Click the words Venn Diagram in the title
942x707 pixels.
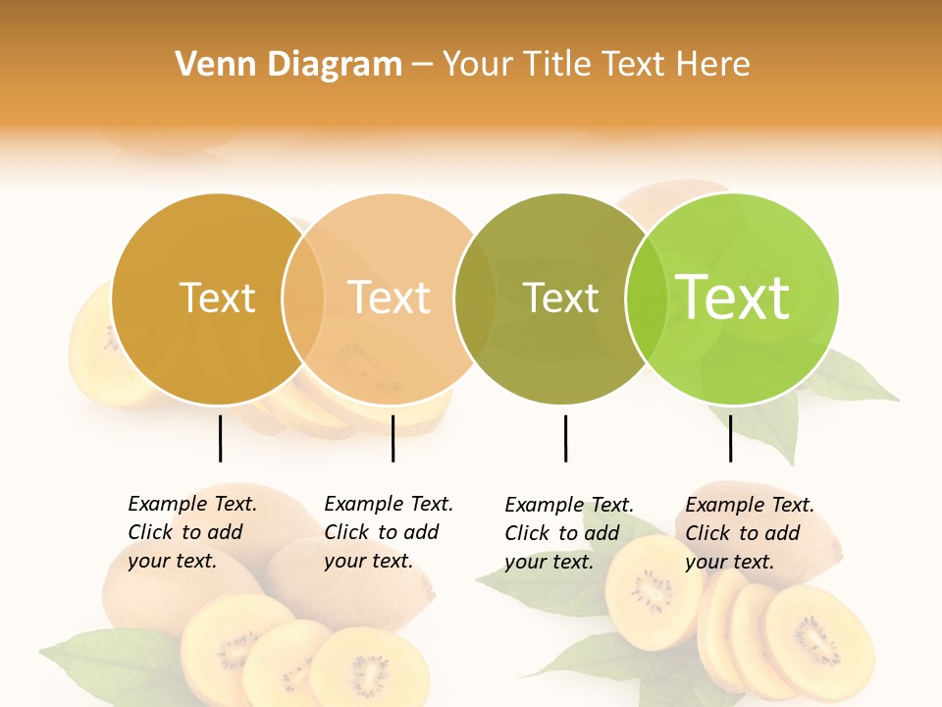(x=288, y=65)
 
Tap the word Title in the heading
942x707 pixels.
(x=555, y=65)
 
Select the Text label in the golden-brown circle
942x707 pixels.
(x=217, y=298)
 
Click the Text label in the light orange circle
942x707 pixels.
(x=390, y=298)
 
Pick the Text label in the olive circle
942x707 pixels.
(x=560, y=298)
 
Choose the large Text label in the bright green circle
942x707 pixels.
(x=733, y=298)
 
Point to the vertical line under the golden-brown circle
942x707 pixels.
(x=221, y=438)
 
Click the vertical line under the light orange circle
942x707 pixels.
(x=392, y=438)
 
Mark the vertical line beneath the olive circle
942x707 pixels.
(x=565, y=438)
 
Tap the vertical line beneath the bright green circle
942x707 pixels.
(x=730, y=438)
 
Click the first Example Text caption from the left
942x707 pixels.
(x=191, y=532)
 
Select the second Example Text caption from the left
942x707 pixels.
(x=388, y=532)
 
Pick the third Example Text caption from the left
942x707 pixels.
(x=568, y=533)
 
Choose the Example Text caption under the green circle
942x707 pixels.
(x=749, y=533)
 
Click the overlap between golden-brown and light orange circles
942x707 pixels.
(x=303, y=299)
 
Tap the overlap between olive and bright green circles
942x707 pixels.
(x=647, y=299)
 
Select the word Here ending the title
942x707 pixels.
(x=717, y=65)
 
